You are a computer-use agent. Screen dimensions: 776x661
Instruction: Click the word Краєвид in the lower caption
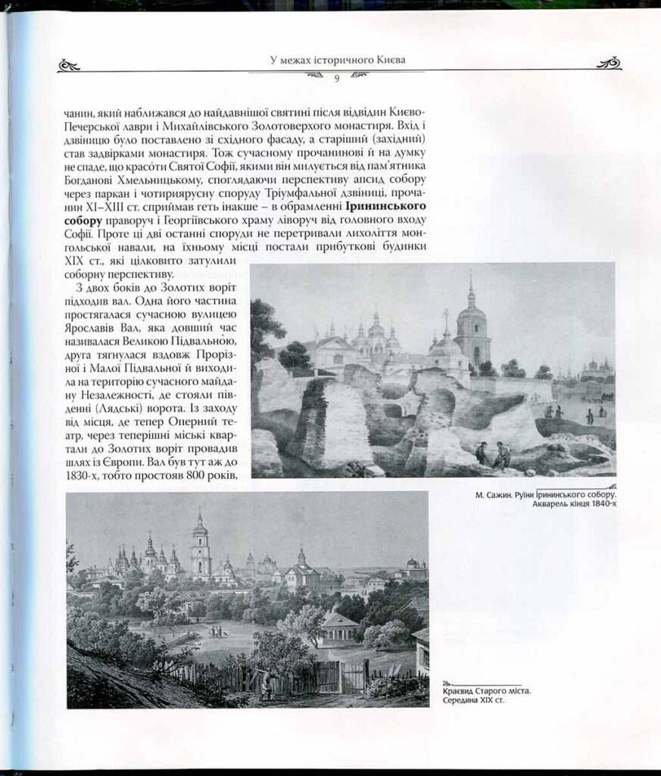tap(461, 690)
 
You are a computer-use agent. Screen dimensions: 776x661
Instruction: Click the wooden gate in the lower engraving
tap(354, 676)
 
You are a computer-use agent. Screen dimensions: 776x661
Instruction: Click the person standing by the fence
tap(265, 687)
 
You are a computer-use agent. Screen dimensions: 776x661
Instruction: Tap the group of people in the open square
tap(216, 630)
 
